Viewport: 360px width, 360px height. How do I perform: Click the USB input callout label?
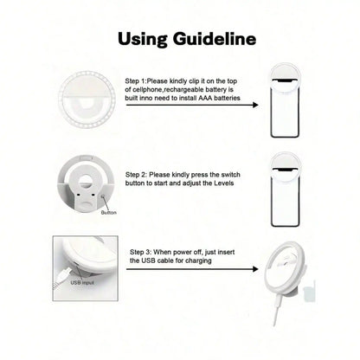pos(83,282)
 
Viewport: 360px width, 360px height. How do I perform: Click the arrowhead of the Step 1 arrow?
pos(256,106)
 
